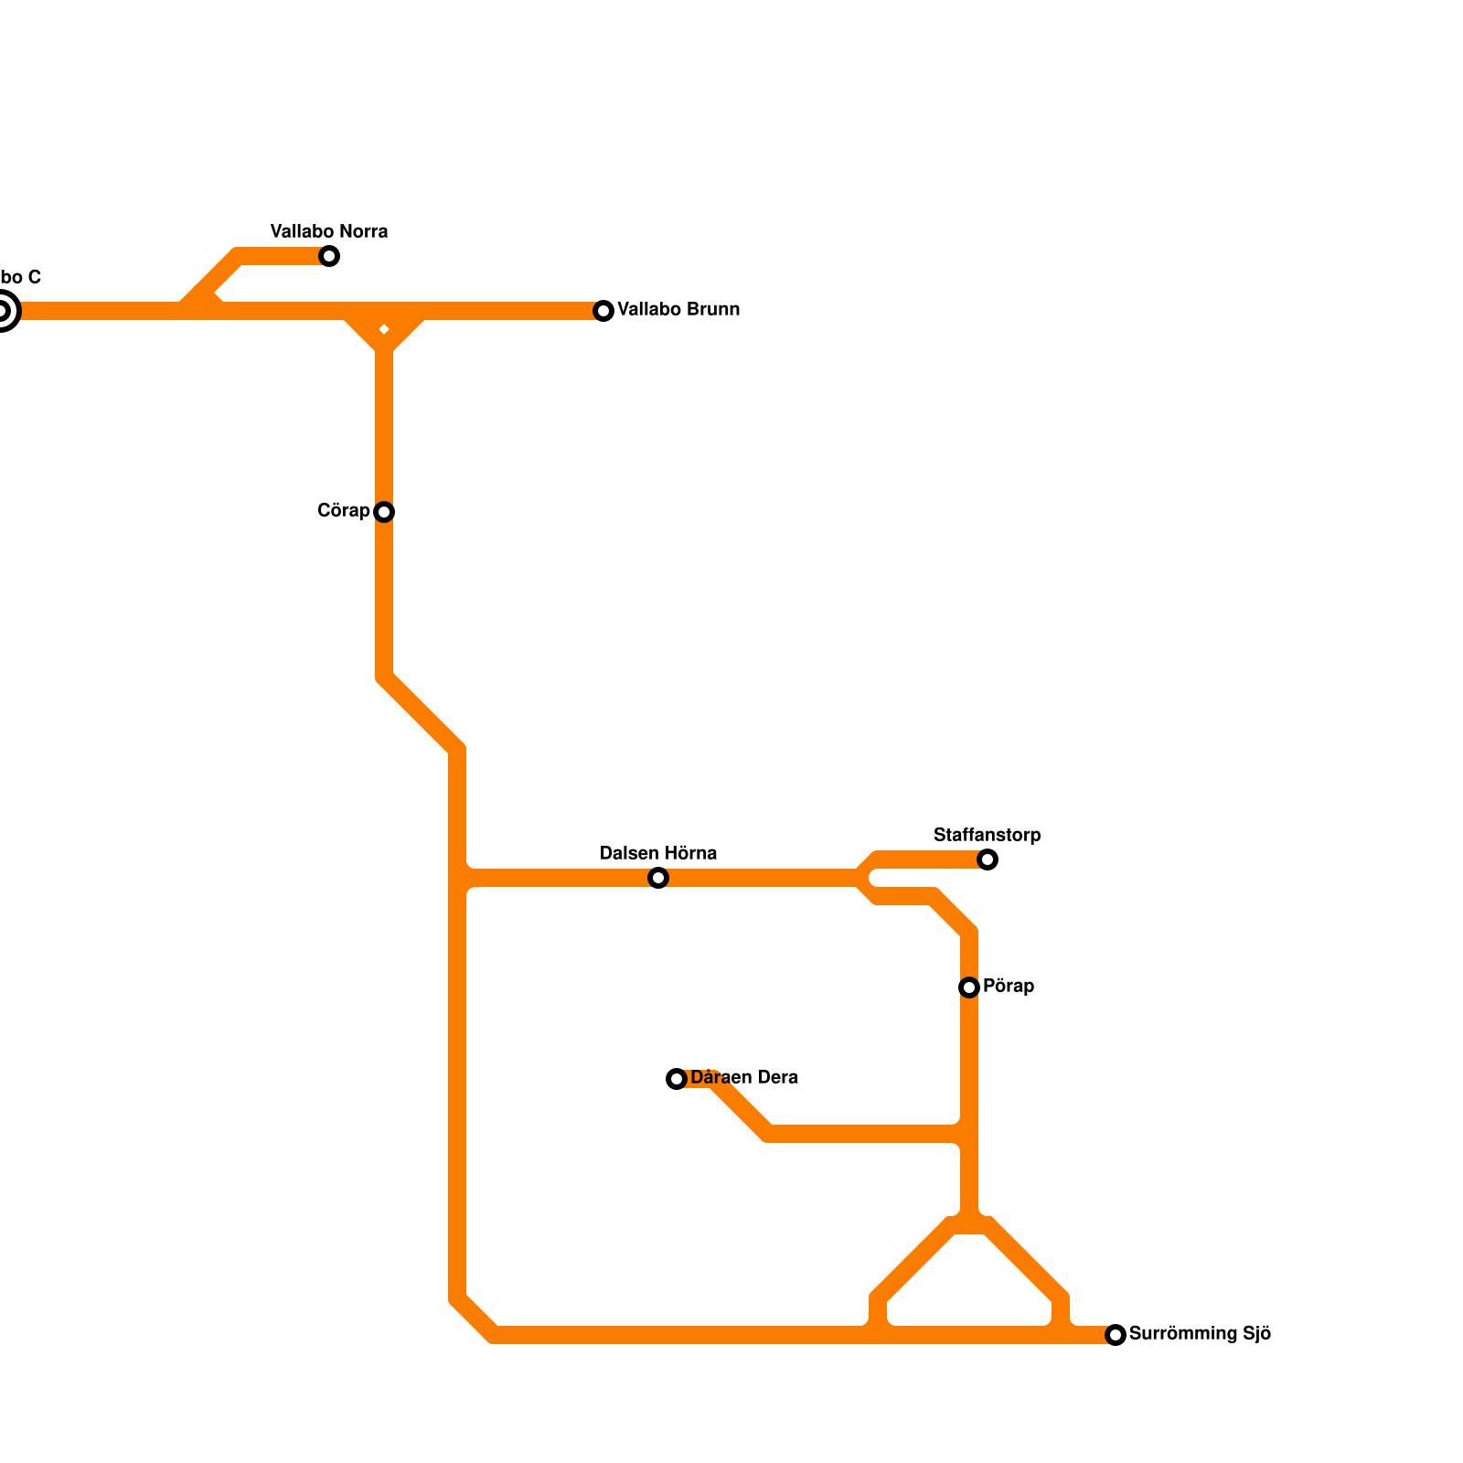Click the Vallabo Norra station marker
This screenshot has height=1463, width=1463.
pos(329,256)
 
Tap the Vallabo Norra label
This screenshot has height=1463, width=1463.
pos(329,231)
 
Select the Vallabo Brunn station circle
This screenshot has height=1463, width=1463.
pos(603,311)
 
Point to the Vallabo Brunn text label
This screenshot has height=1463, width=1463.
pos(678,310)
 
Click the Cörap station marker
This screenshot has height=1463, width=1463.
pos(384,512)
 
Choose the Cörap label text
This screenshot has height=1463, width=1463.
pos(343,510)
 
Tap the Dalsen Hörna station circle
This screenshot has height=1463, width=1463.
pos(658,878)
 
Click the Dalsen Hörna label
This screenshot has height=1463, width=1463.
pos(658,853)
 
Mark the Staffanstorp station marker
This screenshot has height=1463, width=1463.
pos(988,860)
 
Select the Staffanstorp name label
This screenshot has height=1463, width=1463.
pos(987,835)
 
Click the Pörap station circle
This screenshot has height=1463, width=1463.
pos(969,988)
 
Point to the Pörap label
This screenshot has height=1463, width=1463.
pos(1009,987)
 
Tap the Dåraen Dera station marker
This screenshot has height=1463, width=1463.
pos(677,1079)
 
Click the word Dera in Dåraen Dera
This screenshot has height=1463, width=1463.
pos(778,1078)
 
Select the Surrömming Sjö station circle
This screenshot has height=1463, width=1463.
pos(1116,1335)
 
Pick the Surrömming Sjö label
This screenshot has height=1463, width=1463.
pos(1200,1334)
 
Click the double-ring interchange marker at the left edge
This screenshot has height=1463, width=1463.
pos(3,312)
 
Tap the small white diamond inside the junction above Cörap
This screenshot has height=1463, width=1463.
pos(384,329)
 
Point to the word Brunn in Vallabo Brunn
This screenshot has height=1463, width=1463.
pos(714,310)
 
